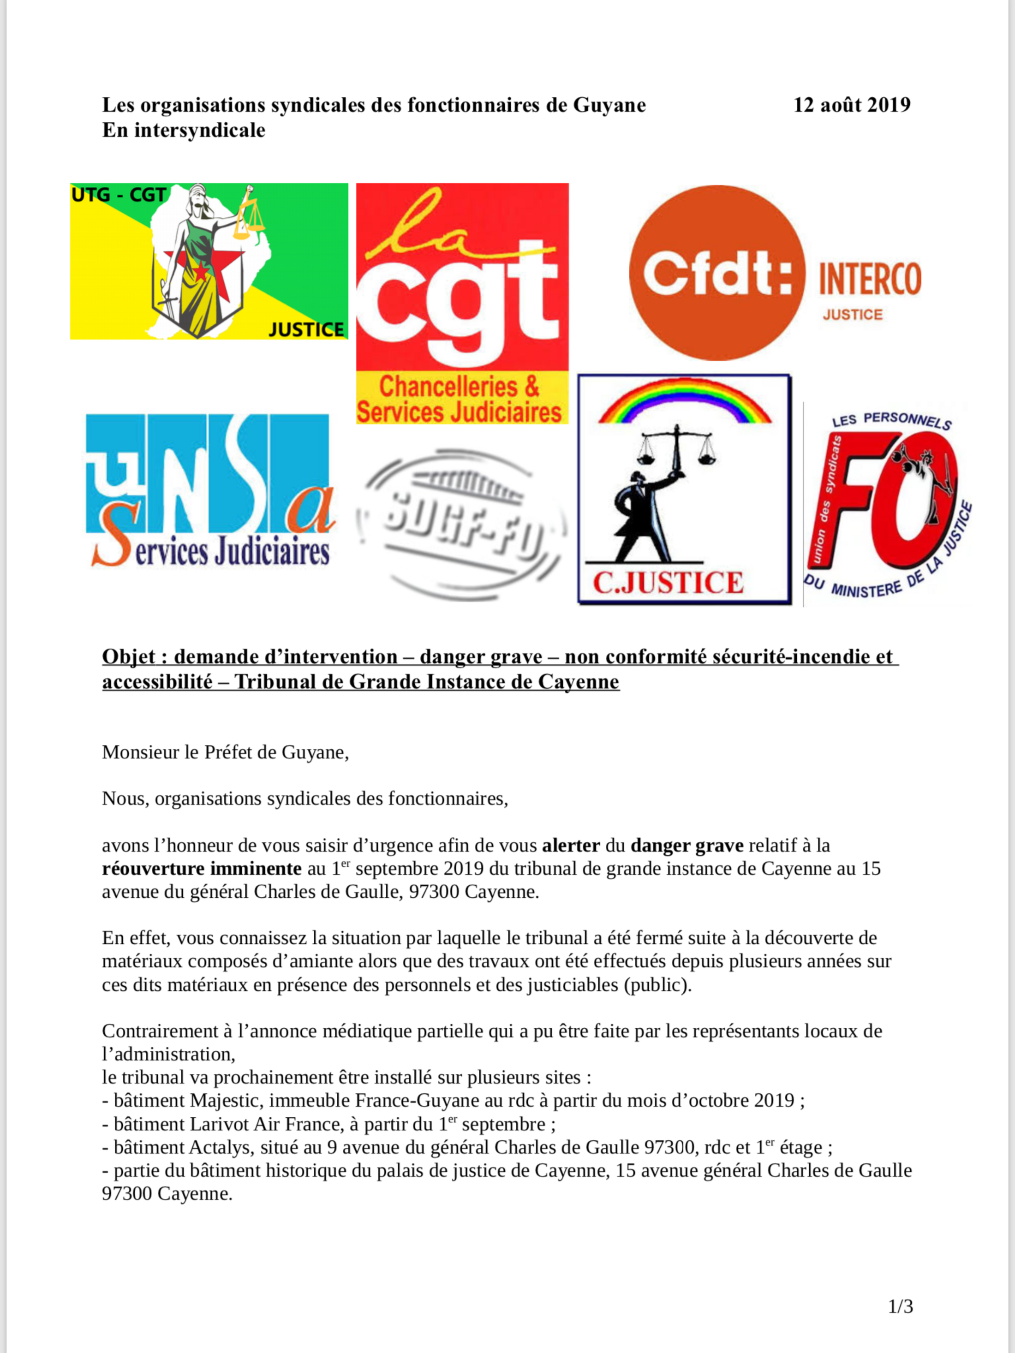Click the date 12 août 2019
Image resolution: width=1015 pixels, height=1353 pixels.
[851, 105]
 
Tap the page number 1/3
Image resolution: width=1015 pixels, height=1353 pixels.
[900, 1307]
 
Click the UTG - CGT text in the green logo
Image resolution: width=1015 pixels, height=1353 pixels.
[118, 195]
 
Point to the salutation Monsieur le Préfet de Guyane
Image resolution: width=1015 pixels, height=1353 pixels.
[225, 752]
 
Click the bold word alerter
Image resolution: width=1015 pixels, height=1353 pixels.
[570, 846]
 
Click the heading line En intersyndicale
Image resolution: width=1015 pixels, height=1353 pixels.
[184, 130]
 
